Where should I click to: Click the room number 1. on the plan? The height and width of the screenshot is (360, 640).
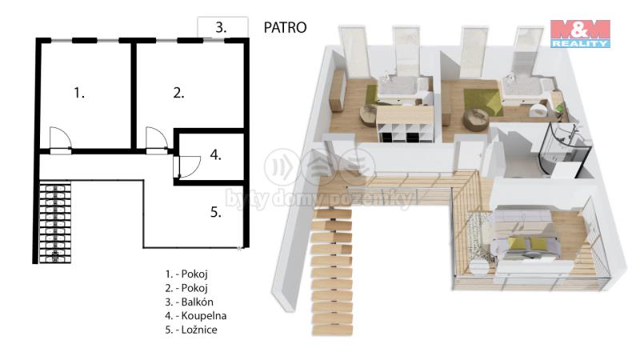coord(79,93)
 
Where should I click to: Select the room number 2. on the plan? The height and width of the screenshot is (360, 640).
coord(178,93)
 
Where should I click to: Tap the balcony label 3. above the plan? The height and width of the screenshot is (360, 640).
coord(221,28)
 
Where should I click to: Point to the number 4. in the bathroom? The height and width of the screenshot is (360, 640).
coord(215,155)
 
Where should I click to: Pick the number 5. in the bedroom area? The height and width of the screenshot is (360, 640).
coord(216,212)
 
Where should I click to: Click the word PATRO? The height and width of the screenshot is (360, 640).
coord(285,27)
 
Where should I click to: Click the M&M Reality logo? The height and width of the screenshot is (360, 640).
coord(580,34)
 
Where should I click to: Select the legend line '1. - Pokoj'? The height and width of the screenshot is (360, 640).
coord(186,274)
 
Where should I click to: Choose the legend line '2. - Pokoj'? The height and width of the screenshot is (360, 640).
coord(186,288)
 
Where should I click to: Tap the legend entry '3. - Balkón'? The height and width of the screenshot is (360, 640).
coord(190,302)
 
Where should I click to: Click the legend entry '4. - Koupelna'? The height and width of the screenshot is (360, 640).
coord(196,316)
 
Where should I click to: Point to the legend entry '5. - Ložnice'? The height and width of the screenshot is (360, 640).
coord(191,330)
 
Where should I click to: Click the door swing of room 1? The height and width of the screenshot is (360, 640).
coord(61,138)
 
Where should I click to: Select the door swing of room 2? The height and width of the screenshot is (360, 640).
coord(157,138)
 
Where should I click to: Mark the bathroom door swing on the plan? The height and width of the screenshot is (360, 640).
coord(189,166)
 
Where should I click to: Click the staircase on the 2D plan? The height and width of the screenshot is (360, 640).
coord(55,222)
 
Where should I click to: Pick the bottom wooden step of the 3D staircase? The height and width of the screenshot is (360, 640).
coord(333,330)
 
